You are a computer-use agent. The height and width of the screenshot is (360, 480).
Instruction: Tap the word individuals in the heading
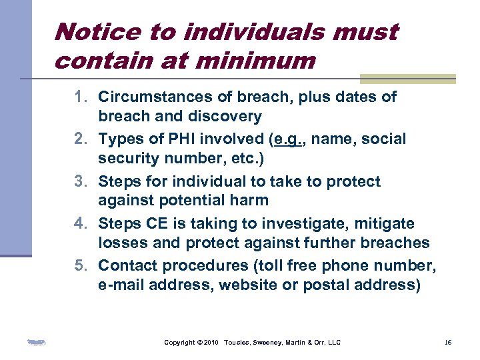click(232, 31)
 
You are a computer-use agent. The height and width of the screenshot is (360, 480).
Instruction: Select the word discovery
click(227, 117)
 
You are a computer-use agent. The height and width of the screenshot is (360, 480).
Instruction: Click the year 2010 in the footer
click(211, 343)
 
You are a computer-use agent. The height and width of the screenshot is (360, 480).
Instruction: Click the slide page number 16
click(448, 343)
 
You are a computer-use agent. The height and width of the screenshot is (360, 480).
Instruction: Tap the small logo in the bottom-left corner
click(36, 343)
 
